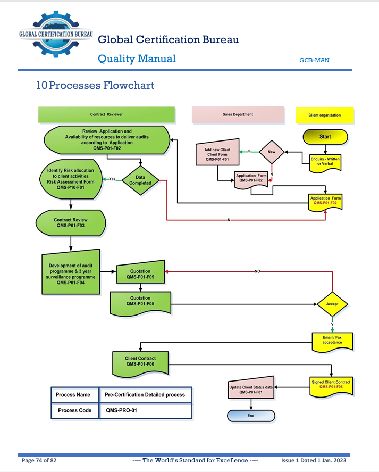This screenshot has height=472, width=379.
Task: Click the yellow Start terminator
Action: tap(325, 137)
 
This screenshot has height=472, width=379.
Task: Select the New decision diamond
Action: tap(272, 152)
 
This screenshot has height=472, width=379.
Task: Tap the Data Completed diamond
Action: tap(140, 180)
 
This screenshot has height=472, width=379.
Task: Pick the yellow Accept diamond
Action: tap(332, 304)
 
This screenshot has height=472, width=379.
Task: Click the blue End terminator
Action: tap(251, 416)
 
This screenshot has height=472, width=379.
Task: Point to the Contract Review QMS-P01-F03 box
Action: tap(71, 222)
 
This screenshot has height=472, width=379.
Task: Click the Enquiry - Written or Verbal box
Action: tap(325, 161)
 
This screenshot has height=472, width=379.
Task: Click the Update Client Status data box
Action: tap(250, 390)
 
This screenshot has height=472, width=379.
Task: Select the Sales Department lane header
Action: tap(238, 114)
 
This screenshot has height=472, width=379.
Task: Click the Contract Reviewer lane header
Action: tap(106, 114)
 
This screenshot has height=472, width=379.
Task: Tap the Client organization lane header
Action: tap(325, 115)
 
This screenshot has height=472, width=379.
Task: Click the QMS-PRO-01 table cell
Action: tap(145, 411)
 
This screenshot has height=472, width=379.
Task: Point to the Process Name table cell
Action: tap(74, 395)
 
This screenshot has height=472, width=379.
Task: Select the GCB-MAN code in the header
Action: tap(314, 60)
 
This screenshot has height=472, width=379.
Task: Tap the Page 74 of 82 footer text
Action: tap(39, 460)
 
